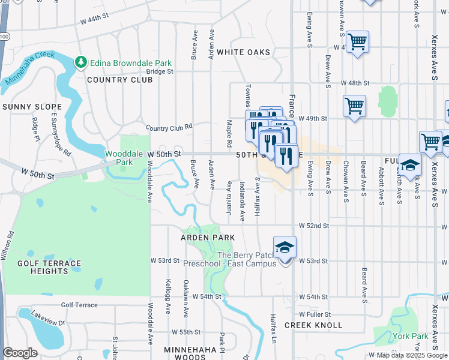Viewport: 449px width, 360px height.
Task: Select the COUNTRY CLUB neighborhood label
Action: (x=120, y=79)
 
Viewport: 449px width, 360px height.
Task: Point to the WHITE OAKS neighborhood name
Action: (x=244, y=52)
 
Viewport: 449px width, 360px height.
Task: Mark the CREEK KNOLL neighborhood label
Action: (x=313, y=325)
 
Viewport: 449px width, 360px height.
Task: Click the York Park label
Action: (x=411, y=336)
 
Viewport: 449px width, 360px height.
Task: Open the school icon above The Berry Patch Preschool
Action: (x=285, y=247)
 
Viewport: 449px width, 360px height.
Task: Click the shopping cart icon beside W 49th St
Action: (x=354, y=106)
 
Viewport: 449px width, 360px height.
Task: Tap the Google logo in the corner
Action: (x=20, y=353)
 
